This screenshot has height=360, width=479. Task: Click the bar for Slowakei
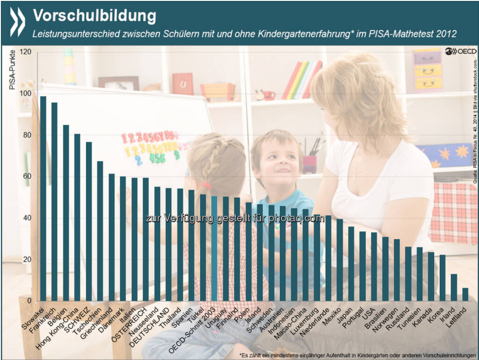click(43, 198)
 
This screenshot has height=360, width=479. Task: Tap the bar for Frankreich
click(54, 202)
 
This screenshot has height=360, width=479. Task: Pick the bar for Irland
click(454, 287)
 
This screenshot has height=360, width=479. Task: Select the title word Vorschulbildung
click(94, 15)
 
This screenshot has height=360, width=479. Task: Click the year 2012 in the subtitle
click(447, 34)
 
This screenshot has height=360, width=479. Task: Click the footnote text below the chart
click(358, 354)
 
